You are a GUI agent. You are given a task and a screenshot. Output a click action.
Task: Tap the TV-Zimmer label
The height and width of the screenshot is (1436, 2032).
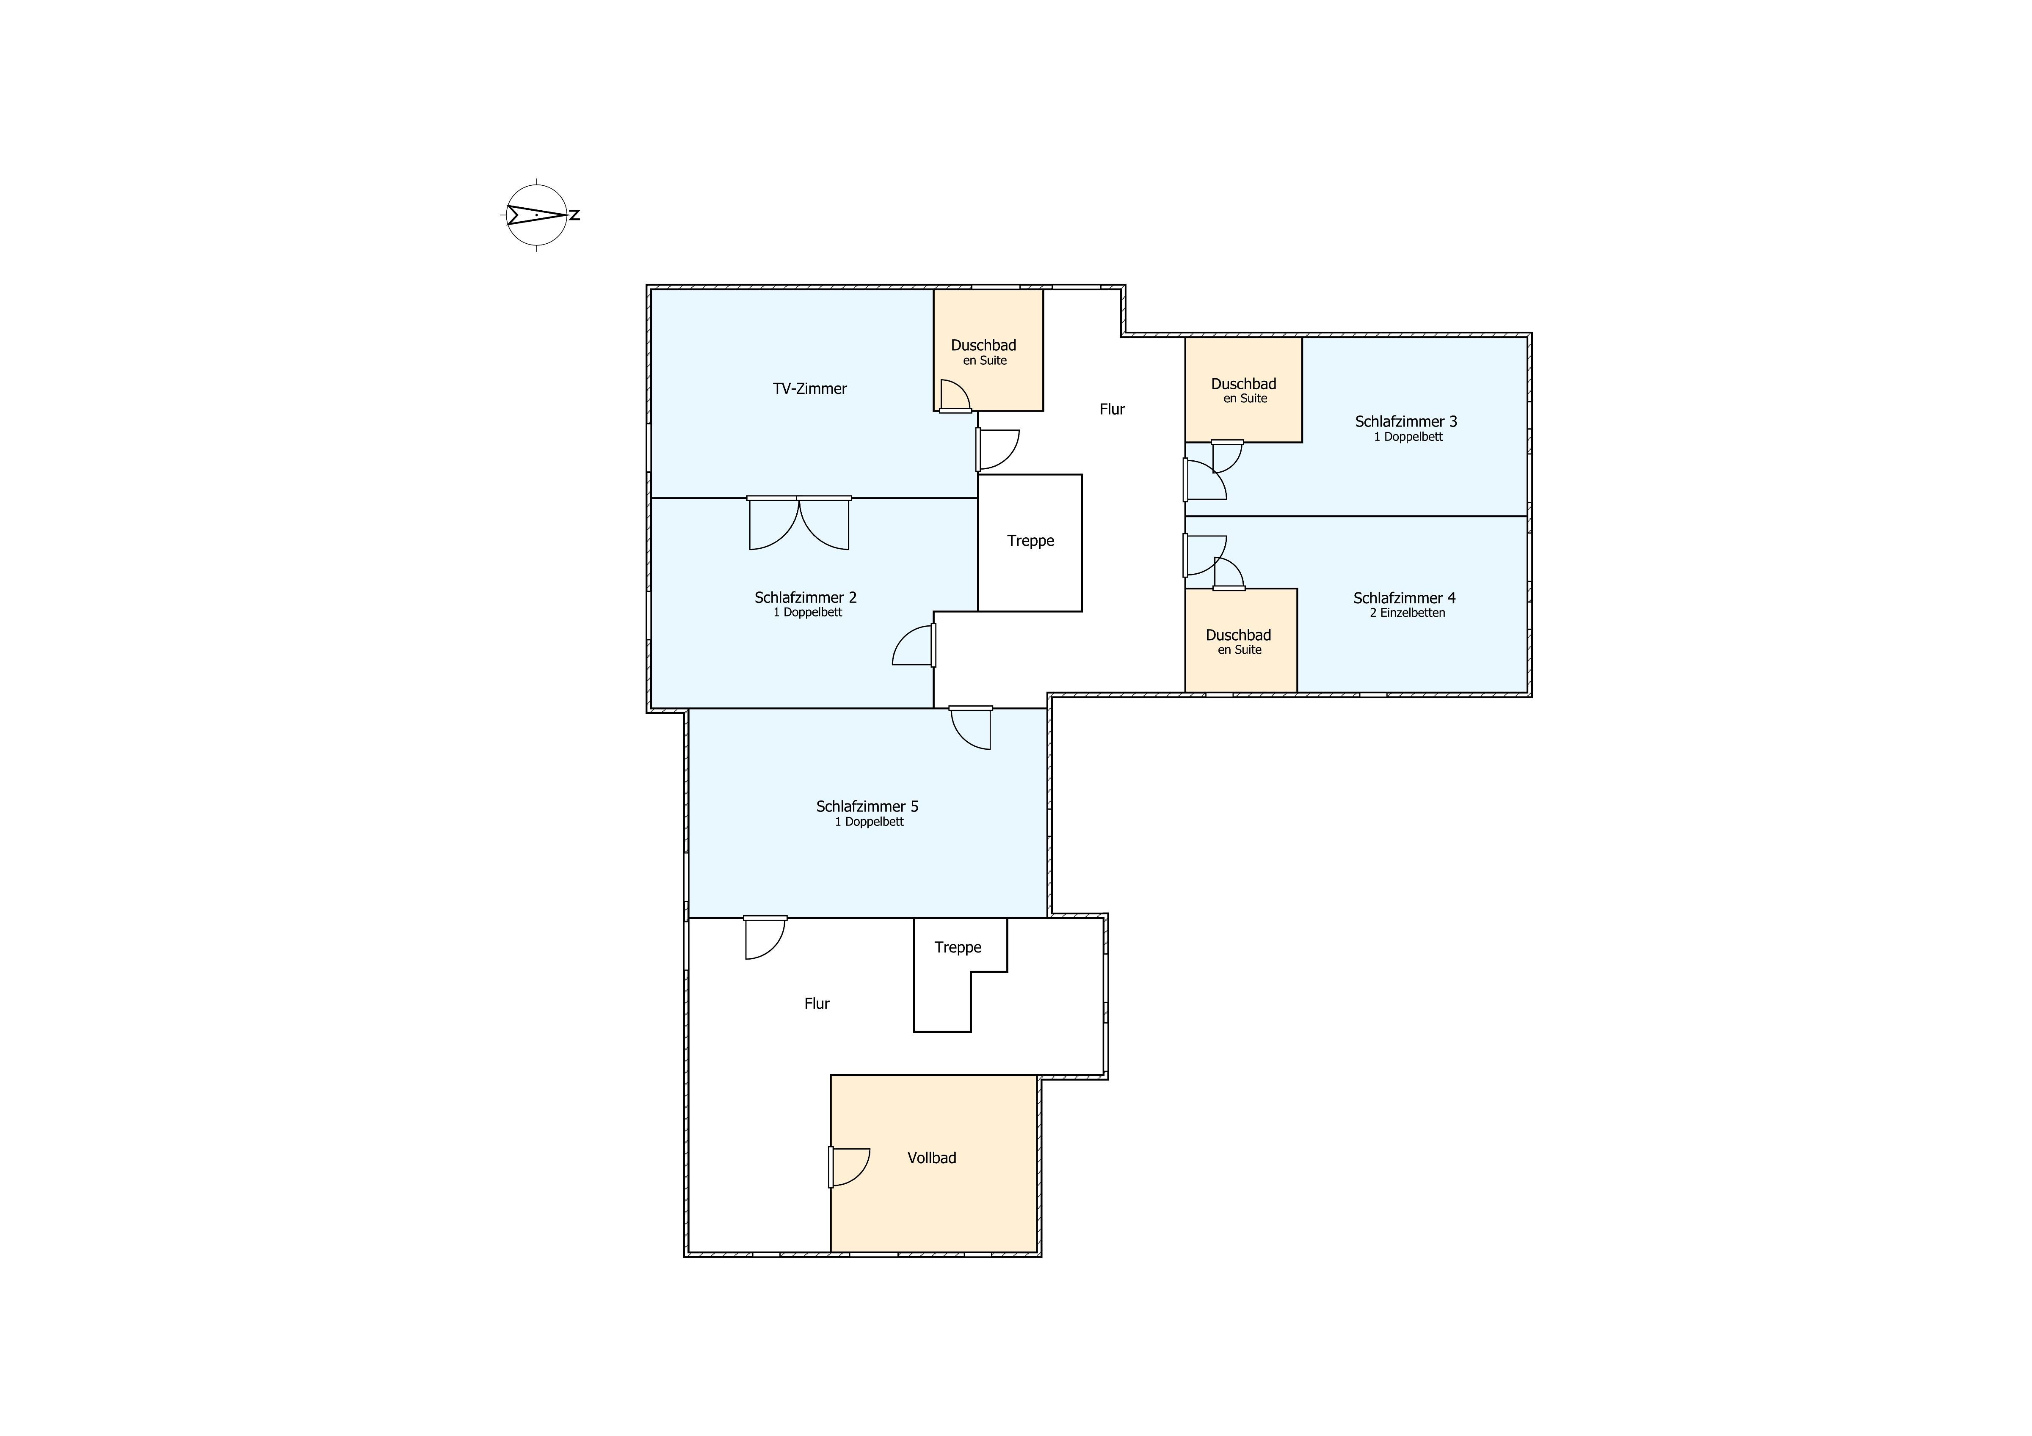pyautogui.click(x=810, y=388)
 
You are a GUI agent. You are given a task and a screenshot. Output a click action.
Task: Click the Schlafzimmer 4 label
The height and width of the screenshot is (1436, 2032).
pyautogui.click(x=1405, y=598)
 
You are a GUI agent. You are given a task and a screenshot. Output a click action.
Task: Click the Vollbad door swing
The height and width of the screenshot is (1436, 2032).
pyautogui.click(x=850, y=1167)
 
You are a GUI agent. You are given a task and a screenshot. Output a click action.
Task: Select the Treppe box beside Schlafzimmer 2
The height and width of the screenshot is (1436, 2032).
pyautogui.click(x=1030, y=542)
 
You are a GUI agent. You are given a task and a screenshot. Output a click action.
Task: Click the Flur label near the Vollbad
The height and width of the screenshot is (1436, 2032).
pyautogui.click(x=817, y=1003)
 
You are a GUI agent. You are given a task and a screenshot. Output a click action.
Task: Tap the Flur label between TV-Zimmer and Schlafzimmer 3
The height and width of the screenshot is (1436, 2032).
pyautogui.click(x=1113, y=409)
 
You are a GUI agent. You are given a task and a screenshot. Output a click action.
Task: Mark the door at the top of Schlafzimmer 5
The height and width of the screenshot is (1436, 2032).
pyautogui.click(x=971, y=727)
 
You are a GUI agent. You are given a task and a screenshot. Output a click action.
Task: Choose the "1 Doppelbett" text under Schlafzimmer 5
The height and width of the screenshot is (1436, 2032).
pyautogui.click(x=869, y=822)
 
